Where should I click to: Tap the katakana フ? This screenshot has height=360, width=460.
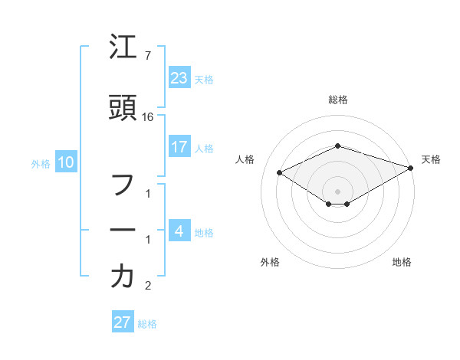point(123,186)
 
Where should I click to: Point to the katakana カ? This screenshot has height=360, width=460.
point(123,276)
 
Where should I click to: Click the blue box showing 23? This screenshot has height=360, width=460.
point(179,77)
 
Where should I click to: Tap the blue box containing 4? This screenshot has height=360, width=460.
point(179,231)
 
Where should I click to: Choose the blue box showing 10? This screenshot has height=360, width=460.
point(66,162)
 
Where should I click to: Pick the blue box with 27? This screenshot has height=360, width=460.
point(123,322)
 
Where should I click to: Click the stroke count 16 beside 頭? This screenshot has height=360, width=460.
point(149,117)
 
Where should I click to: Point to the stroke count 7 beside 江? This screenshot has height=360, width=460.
point(147,57)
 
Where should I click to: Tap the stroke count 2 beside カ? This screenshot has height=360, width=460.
point(148,286)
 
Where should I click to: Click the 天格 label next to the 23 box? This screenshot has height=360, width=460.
point(204,79)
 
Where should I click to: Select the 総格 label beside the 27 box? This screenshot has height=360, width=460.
point(147,323)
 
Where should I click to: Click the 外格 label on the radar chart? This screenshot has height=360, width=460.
point(270,262)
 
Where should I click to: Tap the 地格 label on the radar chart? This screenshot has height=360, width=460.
point(402,262)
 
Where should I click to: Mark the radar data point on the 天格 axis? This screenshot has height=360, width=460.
point(412,168)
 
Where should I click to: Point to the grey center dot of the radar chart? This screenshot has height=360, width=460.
point(338,191)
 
